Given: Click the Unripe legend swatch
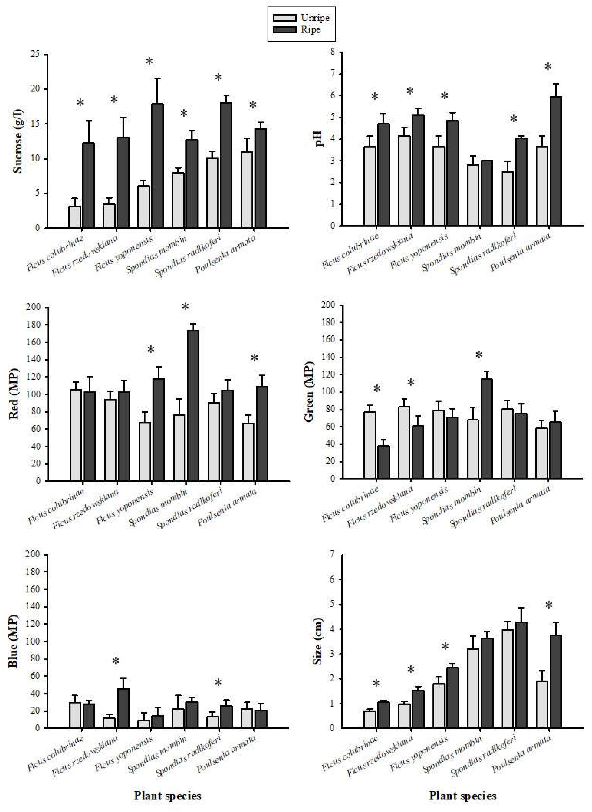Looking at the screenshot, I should [x=284, y=18].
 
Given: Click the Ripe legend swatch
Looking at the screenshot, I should [x=284, y=29].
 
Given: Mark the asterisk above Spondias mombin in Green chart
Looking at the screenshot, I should [x=479, y=355].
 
